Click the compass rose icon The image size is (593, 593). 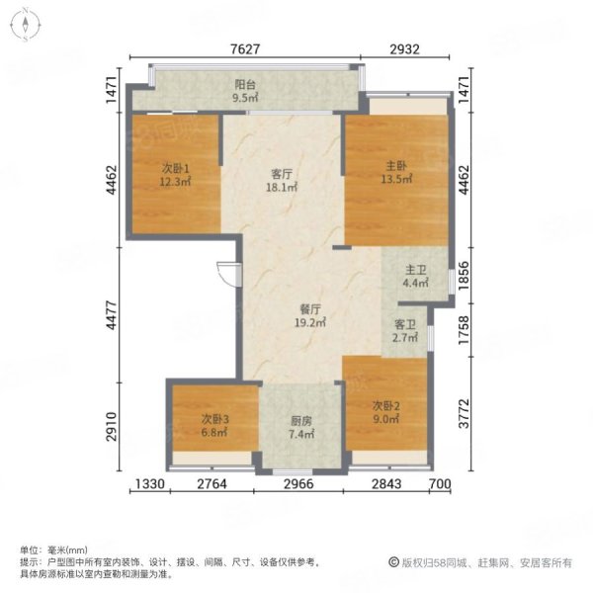25,25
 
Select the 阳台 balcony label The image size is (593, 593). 245,84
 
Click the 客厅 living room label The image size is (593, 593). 282,174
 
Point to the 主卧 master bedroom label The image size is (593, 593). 396,166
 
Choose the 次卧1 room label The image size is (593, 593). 175,168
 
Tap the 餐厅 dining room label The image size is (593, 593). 310,309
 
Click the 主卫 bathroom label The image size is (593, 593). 416,270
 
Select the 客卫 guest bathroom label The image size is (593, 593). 405,324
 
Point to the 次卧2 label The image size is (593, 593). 385,406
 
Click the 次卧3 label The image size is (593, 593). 214,419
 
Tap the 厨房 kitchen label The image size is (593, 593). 301,421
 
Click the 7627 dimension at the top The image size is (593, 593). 245,49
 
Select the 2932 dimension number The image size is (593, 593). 404,49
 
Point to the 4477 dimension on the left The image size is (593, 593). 112,315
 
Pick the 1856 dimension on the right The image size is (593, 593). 464,276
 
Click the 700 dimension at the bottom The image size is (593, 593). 440,484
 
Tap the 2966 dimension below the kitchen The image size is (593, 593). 298,484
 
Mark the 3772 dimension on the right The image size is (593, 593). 464,414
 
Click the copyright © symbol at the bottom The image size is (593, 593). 393,562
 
